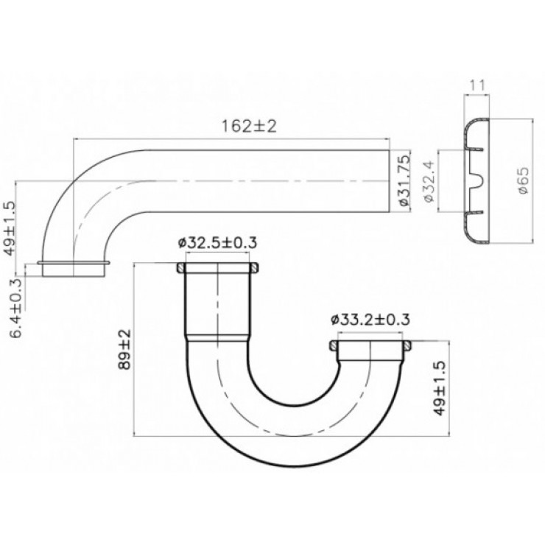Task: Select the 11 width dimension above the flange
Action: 477,85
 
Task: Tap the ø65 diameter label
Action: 522,180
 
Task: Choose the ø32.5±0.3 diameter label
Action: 218,242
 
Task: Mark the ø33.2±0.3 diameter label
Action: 371,319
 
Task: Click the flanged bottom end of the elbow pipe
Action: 74,266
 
